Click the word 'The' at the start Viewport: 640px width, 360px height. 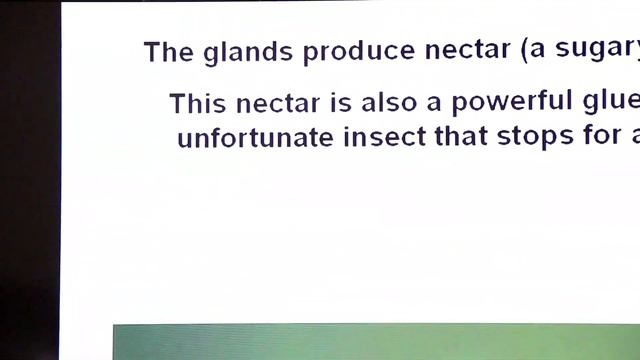[x=164, y=52]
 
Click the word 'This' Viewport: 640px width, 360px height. [x=196, y=103]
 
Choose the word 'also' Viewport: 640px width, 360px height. [x=392, y=103]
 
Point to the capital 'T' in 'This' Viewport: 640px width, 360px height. [x=178, y=103]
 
